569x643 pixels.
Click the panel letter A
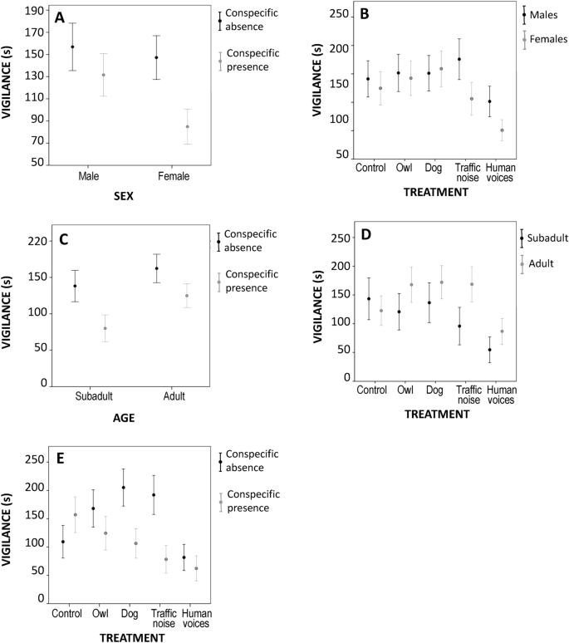coord(59,17)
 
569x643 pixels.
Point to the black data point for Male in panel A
coord(72,47)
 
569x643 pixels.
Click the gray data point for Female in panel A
coord(187,127)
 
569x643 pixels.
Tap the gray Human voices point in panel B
coord(502,130)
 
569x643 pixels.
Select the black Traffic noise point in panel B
coord(459,60)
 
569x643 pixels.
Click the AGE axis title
coord(123,419)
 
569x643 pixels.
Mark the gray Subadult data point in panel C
coord(105,328)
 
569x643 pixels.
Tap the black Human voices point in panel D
coord(489,350)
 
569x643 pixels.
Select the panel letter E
coord(59,458)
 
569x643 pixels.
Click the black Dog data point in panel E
coord(123,488)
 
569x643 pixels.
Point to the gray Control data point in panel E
coord(76,514)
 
